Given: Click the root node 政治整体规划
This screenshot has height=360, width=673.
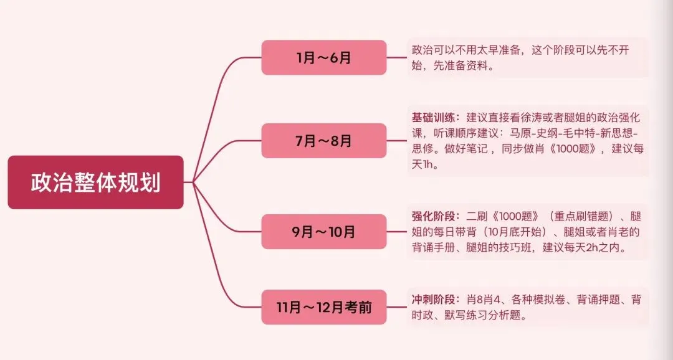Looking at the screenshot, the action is (95, 182).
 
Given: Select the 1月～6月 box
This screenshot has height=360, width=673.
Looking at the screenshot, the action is (324, 58).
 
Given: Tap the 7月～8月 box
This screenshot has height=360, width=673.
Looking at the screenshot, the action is (324, 141).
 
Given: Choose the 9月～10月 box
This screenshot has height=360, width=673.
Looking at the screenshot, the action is (324, 232).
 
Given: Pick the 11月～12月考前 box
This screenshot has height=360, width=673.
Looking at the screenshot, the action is (324, 307).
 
